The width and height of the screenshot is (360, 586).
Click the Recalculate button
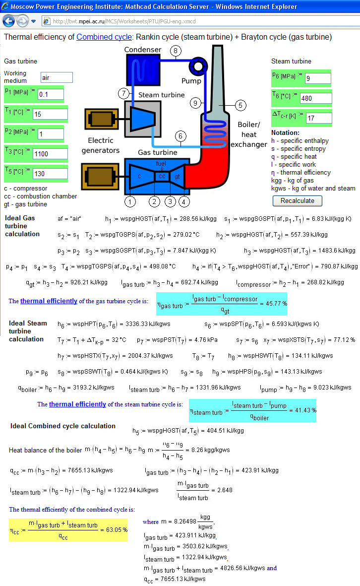tap(297, 200)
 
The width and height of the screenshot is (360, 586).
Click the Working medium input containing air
tap(57, 77)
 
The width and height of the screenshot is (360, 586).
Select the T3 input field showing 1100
tap(51, 154)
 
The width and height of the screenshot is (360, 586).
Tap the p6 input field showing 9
tap(318, 78)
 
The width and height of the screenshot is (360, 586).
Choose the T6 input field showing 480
tap(315, 98)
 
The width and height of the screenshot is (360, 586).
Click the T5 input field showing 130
tap(51, 173)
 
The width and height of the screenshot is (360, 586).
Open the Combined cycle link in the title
tap(104, 37)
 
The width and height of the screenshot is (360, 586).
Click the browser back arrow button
tap(8, 21)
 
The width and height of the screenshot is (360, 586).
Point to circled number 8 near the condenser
tap(176, 51)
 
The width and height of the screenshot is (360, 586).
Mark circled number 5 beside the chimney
tap(240, 105)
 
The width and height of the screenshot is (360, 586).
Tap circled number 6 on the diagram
tap(180, 136)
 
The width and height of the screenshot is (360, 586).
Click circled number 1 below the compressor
tap(130, 202)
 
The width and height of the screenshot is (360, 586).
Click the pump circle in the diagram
tap(198, 66)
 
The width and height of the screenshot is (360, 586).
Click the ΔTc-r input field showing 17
tap(319, 118)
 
